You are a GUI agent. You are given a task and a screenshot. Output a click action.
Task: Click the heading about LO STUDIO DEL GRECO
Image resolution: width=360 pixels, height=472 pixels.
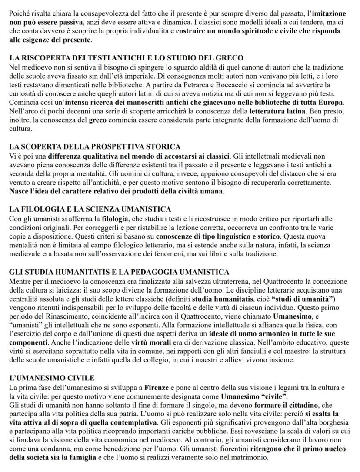(x=126, y=57)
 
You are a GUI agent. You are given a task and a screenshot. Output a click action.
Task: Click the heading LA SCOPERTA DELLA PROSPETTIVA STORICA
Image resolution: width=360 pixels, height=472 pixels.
(x=95, y=146)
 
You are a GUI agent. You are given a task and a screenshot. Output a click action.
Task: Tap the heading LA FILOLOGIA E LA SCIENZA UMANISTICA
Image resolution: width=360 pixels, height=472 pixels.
(x=90, y=209)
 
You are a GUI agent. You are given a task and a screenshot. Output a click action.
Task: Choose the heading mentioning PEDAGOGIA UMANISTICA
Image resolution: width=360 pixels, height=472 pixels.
(x=119, y=272)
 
